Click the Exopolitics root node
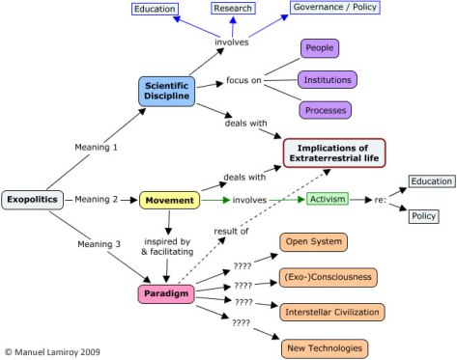(x=35, y=200)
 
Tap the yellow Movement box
(x=169, y=201)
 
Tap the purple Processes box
(x=325, y=109)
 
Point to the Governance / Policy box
(x=335, y=10)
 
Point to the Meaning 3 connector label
(x=98, y=244)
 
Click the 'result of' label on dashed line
(x=231, y=232)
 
